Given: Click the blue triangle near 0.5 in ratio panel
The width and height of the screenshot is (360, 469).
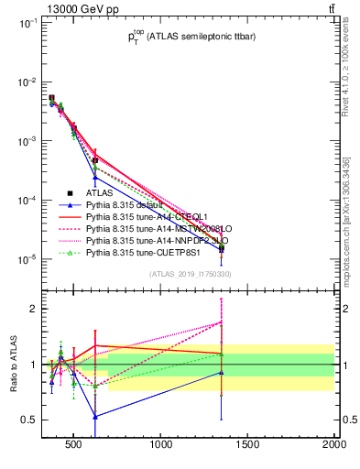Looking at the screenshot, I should pos(94,415).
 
